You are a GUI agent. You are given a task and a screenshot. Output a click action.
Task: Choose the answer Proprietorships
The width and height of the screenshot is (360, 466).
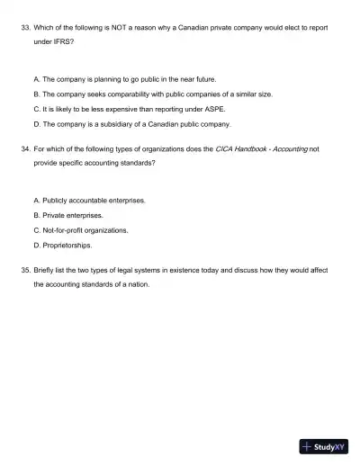(66, 244)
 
